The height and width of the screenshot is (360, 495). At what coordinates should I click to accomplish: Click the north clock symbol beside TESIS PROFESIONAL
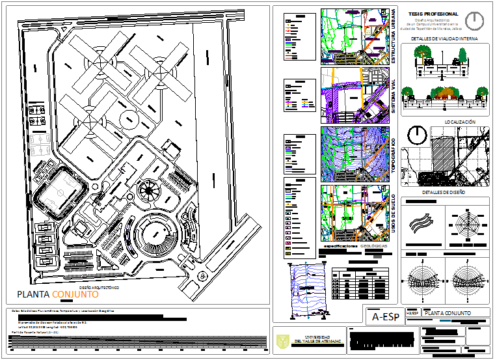[475, 20]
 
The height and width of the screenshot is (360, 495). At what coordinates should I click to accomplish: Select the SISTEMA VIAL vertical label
[394, 97]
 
